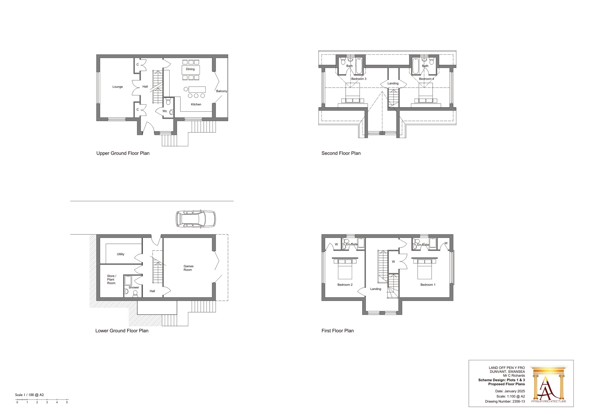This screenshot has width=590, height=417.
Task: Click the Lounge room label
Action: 117,87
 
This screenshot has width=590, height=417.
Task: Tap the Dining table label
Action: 190,69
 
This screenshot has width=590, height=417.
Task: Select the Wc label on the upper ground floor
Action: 165,111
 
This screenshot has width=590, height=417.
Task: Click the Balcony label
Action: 221,91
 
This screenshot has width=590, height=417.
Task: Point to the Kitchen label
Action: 196,104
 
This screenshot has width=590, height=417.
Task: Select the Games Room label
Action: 188,268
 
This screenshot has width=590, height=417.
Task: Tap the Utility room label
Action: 121,254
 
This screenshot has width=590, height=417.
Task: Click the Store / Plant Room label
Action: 111,280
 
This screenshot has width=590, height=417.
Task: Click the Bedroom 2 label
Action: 345,285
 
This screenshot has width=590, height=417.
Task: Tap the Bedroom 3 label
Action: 359,79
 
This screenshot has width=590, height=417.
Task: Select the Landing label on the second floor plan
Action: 393,84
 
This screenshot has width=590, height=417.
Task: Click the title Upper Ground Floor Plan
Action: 123,153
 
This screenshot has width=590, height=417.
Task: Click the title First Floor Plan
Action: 337,331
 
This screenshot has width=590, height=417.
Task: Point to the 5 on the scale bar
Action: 67,402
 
